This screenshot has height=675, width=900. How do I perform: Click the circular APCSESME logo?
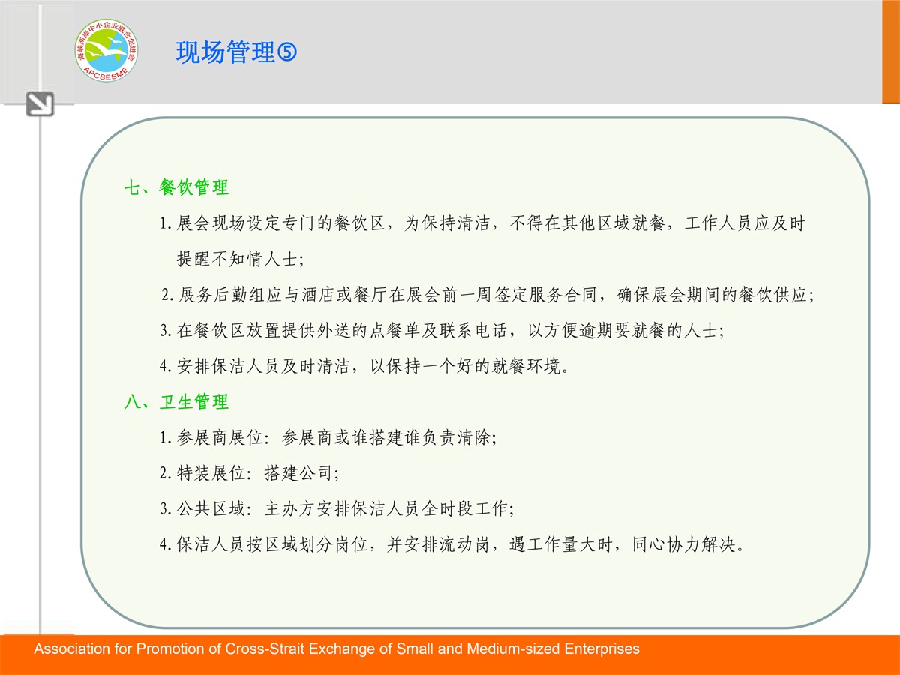click(106, 50)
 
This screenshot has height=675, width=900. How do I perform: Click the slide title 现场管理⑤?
click(236, 52)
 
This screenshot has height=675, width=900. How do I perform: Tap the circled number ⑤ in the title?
click(287, 52)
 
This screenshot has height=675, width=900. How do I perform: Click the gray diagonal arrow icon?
click(40, 104)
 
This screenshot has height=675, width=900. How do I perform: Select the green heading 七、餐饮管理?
click(176, 187)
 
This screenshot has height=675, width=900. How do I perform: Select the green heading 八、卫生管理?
click(176, 402)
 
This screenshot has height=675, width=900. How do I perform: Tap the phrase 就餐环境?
click(526, 366)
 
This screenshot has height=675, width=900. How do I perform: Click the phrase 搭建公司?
click(298, 473)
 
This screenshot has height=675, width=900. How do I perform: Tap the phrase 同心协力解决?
click(684, 544)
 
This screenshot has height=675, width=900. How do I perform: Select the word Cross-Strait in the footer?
click(265, 649)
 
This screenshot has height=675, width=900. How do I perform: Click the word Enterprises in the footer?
click(602, 649)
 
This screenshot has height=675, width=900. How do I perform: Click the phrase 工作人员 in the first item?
click(718, 223)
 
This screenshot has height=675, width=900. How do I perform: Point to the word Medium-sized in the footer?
click(513, 649)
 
